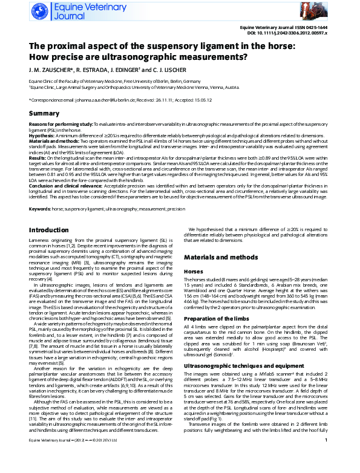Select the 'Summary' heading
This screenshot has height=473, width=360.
44,113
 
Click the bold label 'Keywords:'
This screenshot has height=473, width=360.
40,209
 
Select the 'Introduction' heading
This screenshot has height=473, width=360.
49,230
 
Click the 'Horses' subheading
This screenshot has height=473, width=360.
194,272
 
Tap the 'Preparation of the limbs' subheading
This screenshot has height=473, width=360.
218,319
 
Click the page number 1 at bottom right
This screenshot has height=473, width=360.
326,457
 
